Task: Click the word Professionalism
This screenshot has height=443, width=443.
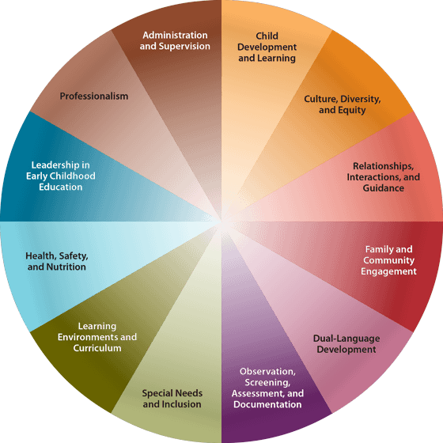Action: pos(94,96)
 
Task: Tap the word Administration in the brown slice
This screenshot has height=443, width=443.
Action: pos(175,35)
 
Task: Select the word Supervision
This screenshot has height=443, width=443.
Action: pos(184,47)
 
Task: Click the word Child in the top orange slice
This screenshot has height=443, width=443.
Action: pos(267,36)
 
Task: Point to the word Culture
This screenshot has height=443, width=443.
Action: pos(321,99)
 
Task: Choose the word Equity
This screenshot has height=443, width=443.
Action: pos(353,110)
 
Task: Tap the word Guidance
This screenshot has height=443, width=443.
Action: pos(384,188)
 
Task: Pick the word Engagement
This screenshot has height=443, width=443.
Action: pos(388,271)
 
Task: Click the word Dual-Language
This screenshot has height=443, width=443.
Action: pos(346,339)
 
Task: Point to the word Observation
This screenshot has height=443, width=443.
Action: pos(267,372)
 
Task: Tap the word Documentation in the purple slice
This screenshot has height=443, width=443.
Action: pos(267,404)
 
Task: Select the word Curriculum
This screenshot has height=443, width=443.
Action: pos(97,348)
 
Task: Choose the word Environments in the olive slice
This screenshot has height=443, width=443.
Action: pos(88,337)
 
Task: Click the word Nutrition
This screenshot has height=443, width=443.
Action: pos(66,267)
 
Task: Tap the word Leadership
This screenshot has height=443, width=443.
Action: pos(51,165)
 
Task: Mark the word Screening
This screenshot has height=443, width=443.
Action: pos(267,383)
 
